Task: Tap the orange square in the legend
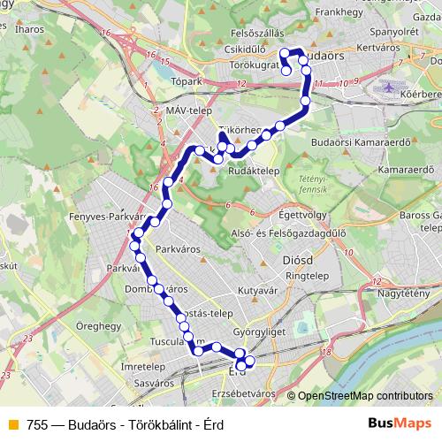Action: pyautogui.click(x=11, y=425)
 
